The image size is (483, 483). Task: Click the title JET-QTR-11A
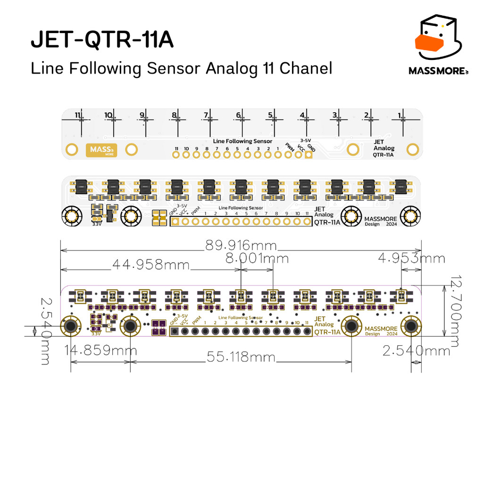(x=102, y=41)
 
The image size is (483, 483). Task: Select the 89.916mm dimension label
(x=241, y=246)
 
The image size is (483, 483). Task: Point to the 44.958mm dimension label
(x=150, y=265)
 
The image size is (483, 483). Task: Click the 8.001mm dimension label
(x=257, y=258)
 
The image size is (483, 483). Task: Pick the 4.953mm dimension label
(x=411, y=258)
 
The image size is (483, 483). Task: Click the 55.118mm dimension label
(x=241, y=358)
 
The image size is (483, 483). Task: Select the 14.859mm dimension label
(x=101, y=351)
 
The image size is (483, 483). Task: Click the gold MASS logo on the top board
(x=101, y=150)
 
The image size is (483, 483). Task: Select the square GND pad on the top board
(x=309, y=155)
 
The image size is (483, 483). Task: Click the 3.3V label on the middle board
(x=97, y=225)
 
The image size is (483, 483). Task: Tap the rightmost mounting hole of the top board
(x=413, y=150)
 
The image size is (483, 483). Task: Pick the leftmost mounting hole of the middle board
(x=71, y=217)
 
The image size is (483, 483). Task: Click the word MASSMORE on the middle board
(x=380, y=219)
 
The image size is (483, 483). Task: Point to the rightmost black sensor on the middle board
(x=401, y=186)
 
